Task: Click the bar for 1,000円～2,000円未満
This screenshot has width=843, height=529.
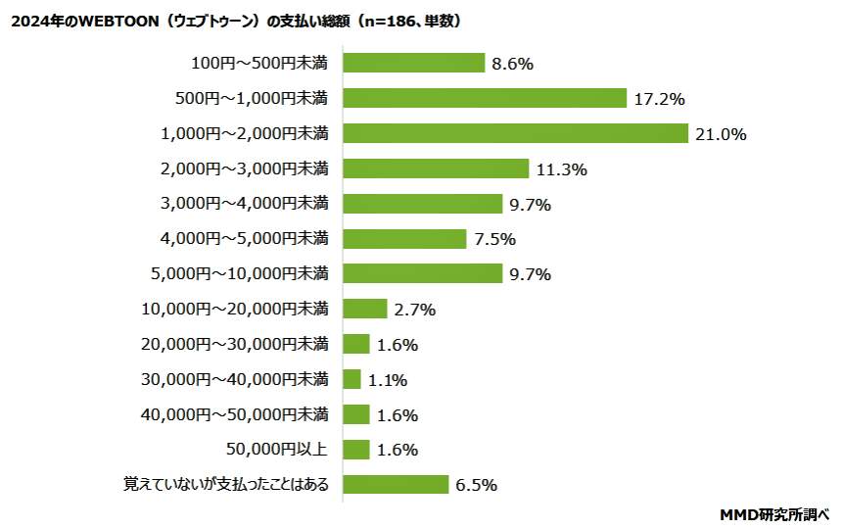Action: (x=516, y=133)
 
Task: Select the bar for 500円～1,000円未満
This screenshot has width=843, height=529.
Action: (x=485, y=98)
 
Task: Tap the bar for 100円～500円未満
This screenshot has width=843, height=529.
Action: (x=414, y=63)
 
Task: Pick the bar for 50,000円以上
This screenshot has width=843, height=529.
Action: (x=356, y=450)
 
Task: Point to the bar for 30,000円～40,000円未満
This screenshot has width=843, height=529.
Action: (x=352, y=379)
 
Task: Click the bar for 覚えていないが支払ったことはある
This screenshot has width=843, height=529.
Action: (x=396, y=485)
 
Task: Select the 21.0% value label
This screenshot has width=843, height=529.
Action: (x=720, y=134)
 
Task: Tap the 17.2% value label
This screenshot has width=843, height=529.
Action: (x=658, y=99)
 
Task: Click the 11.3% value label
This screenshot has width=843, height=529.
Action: (x=561, y=169)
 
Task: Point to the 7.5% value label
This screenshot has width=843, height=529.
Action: (x=494, y=239)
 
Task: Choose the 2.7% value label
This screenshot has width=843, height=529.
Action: (x=414, y=310)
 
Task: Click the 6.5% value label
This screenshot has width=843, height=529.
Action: (x=477, y=485)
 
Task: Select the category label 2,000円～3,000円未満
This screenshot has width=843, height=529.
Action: (x=245, y=168)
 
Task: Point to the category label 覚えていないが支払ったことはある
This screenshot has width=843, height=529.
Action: (x=225, y=484)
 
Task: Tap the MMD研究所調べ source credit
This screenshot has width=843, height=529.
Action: (x=774, y=513)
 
